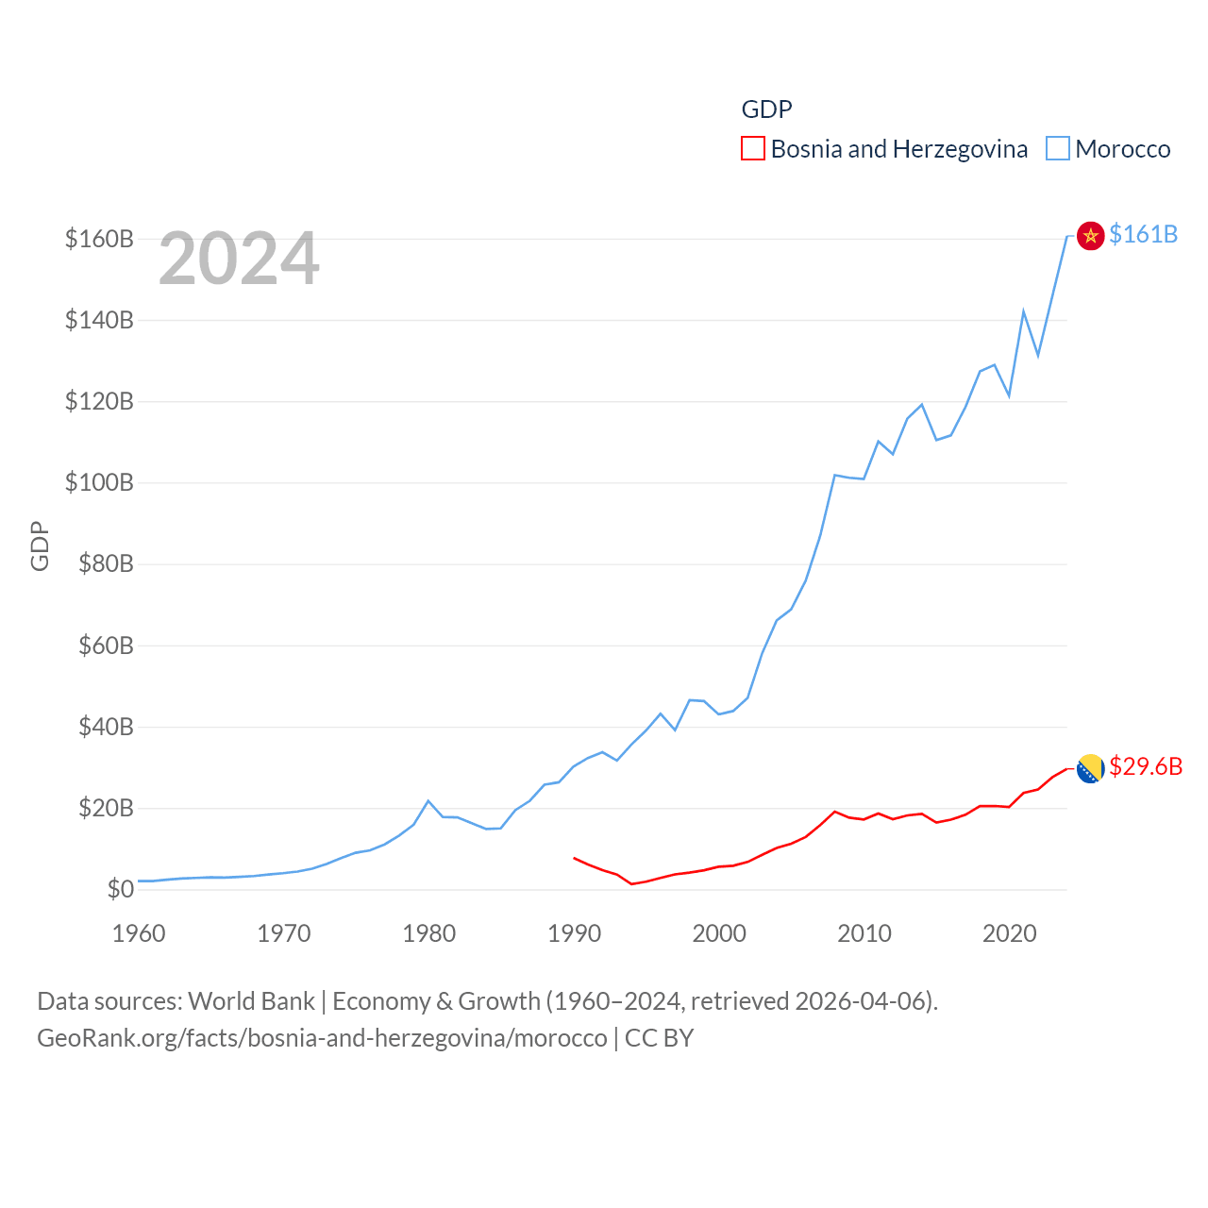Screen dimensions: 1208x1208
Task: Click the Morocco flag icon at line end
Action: (1090, 236)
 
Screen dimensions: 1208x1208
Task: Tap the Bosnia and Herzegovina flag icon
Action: (1090, 768)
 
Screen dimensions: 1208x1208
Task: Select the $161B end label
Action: (1143, 234)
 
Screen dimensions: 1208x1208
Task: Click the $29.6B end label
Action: (1146, 766)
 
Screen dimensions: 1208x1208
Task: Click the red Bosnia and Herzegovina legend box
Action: (752, 149)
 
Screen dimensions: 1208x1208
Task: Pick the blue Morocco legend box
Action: (1058, 149)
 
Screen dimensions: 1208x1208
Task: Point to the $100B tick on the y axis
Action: (99, 482)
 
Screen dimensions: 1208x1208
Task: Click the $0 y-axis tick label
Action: (120, 889)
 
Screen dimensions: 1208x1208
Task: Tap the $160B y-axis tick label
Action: (99, 239)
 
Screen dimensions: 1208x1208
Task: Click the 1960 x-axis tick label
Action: (139, 933)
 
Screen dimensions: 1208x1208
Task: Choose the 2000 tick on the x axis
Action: (719, 933)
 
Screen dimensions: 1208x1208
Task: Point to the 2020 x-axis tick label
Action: (1010, 933)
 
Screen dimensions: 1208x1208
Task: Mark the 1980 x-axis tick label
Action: (429, 933)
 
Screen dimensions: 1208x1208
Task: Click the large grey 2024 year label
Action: (239, 259)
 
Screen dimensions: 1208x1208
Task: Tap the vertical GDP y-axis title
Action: (40, 546)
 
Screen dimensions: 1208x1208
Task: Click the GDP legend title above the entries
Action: (766, 109)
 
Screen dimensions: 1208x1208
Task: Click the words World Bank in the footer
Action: (251, 1000)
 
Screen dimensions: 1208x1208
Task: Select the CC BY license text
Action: (659, 1038)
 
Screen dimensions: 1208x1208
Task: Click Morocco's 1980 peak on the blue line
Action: (428, 801)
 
